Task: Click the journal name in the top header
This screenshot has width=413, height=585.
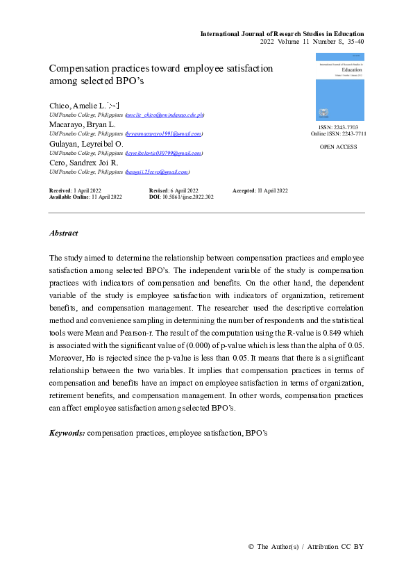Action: (x=282, y=33)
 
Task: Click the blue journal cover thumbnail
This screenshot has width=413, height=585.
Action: (x=339, y=87)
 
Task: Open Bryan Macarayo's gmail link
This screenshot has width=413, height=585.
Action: (x=164, y=133)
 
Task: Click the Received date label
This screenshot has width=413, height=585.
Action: (x=60, y=190)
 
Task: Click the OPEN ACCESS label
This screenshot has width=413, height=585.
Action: (x=339, y=147)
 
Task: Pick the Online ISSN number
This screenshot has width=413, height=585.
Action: (x=354, y=134)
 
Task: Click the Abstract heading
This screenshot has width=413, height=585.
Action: (x=64, y=233)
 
